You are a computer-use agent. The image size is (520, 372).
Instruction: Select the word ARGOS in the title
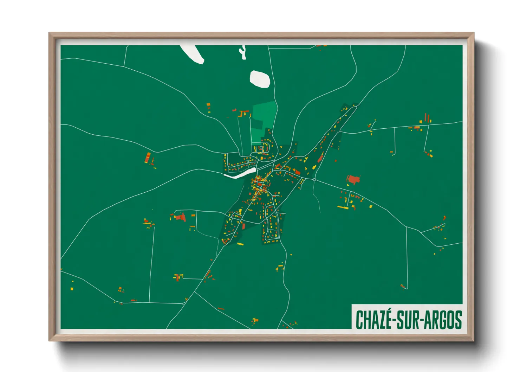(x=443, y=319)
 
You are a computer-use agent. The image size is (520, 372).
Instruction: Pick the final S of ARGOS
(x=458, y=319)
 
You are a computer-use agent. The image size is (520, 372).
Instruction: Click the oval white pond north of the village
(x=260, y=79)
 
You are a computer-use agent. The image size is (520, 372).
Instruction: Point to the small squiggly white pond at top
(x=243, y=52)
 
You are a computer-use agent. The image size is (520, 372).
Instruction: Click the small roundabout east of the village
(x=314, y=179)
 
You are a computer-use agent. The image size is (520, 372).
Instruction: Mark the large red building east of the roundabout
(x=353, y=180)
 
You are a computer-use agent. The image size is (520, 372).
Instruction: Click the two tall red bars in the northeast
(x=427, y=118)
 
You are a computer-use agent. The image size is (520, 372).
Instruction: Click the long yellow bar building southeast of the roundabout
(x=343, y=207)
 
